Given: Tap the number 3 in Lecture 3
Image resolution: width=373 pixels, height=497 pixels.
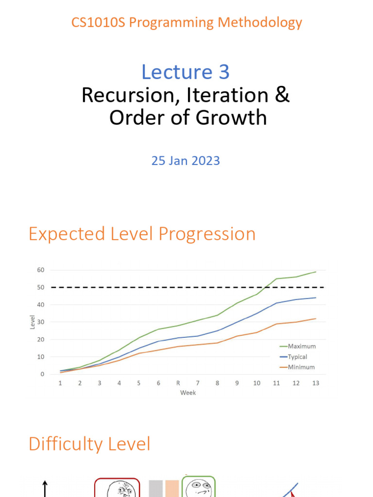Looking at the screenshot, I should pos(223,72).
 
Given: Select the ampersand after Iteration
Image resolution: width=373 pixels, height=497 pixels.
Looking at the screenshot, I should pos(282,95).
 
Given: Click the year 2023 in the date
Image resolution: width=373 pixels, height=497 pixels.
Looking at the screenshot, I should pos(204,161).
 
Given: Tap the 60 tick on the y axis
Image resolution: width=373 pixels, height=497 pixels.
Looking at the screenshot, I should pos(41,270).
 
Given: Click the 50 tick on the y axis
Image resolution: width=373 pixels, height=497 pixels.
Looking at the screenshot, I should pos(41,287).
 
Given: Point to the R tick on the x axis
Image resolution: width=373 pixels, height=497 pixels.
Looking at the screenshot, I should pos(178,383).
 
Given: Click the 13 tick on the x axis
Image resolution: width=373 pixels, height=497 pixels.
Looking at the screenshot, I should pos(316,383).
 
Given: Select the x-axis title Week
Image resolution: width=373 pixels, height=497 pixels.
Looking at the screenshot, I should pos(188,392).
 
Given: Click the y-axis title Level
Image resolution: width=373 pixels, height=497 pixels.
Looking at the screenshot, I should pos(33,322).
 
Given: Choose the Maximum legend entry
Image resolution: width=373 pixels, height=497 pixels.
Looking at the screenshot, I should pos(302,347).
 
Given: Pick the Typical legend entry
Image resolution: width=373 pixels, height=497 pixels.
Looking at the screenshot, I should pos(297,357).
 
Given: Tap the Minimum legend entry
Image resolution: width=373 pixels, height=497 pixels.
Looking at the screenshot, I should pos(301,367).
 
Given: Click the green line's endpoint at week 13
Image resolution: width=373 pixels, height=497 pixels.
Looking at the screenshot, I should pos(316,272).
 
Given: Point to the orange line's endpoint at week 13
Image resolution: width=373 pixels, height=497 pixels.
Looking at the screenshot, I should pos(316,318).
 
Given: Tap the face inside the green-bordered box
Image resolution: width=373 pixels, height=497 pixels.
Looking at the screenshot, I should pos(198,487).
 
